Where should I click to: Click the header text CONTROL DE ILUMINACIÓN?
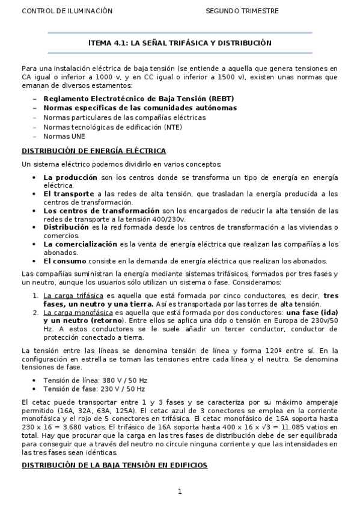point(58,11)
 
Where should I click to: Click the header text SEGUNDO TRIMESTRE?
point(242,11)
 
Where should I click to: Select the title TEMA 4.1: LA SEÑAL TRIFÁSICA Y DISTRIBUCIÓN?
point(180,43)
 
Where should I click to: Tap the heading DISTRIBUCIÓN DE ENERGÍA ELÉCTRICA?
point(94,151)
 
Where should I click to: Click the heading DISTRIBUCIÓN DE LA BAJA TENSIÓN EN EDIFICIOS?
point(115,465)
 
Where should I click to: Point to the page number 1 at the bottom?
point(180,492)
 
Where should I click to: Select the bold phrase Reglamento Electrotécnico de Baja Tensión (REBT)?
point(138,99)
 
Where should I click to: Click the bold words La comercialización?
point(80,244)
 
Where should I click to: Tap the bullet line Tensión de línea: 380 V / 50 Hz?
point(95,380)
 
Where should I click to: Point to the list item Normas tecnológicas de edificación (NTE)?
point(112,127)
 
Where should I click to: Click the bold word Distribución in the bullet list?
point(66,227)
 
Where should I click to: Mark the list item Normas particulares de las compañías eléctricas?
point(124,118)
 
